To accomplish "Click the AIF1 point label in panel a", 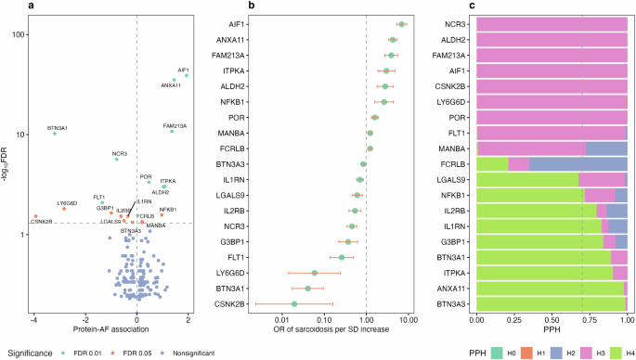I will pos(183,70).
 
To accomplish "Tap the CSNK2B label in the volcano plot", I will pos(41,222).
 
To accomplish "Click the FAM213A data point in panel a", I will pos(172,131).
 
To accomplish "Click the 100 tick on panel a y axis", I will pos(18,34).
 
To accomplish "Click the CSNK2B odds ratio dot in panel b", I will pos(294,303).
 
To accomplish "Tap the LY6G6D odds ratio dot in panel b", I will pos(315,273).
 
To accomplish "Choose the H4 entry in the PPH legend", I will pos(618,353).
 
